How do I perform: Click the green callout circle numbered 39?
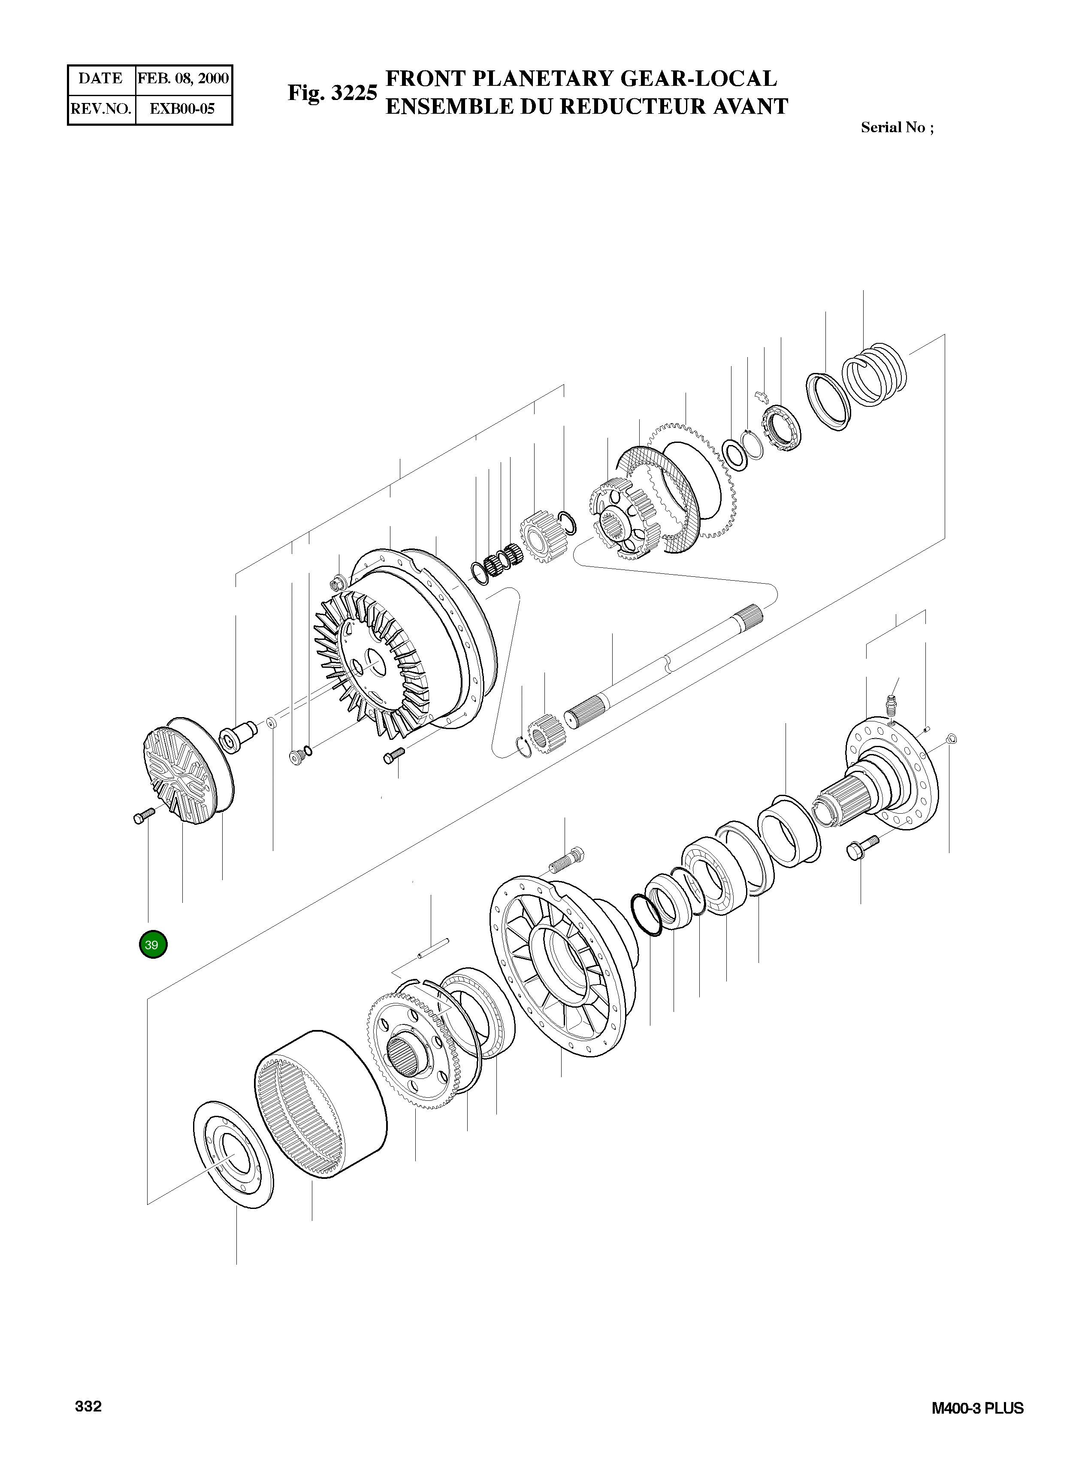click(x=153, y=945)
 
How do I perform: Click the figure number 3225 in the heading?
click(x=354, y=93)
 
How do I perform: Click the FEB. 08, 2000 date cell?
click(x=183, y=79)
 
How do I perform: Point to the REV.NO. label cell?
click(x=101, y=109)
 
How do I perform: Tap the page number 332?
click(x=88, y=1407)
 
